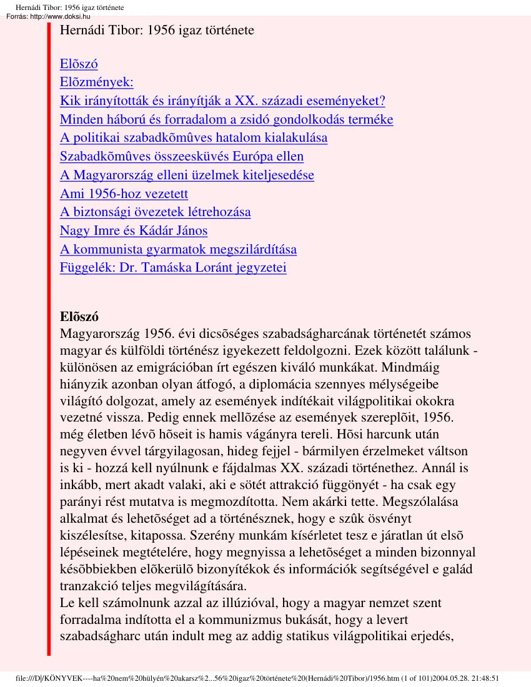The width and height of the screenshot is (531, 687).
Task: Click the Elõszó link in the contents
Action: pos(79,64)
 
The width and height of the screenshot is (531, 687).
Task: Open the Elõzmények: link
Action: pos(96,82)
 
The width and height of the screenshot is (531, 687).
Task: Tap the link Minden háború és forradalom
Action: pos(226,119)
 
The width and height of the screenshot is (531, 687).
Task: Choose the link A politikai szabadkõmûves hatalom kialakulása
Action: pos(194,138)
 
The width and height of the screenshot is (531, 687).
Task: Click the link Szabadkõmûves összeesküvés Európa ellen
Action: pos(182,157)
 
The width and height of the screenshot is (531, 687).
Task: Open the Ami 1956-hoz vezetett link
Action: pos(124,194)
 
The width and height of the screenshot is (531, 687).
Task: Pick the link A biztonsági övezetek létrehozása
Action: pos(155,212)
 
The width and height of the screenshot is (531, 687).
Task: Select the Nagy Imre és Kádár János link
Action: pos(134,231)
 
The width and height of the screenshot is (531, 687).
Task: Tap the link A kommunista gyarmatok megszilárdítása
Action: pos(178,250)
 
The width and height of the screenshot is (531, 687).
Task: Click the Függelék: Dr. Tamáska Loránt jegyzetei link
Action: pos(173,268)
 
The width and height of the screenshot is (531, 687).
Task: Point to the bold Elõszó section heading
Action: pos(79,316)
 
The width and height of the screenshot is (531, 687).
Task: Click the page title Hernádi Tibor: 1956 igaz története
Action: pos(157,29)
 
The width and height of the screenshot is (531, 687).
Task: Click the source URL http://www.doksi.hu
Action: pos(60,16)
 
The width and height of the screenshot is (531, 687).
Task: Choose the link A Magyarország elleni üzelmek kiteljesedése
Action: pos(187,175)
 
